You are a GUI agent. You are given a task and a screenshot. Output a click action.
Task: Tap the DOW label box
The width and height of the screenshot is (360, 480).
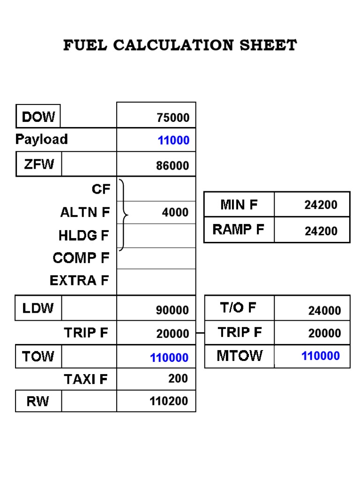tap(38, 116)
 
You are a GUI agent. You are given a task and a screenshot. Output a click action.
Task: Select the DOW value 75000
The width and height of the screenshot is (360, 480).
tap(173, 117)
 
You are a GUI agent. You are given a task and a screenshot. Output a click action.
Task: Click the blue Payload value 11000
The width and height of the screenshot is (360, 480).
tap(173, 141)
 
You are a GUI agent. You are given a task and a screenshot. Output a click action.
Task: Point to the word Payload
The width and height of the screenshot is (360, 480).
tap(41, 139)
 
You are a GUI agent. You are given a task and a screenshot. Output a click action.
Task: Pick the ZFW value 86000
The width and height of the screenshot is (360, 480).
tap(173, 165)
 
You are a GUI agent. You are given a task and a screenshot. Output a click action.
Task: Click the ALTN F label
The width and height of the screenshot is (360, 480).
tap(85, 212)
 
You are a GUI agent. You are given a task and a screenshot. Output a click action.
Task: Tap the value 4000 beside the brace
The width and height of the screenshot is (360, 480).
tap(175, 212)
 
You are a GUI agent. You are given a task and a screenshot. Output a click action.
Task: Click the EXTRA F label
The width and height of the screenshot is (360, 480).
tap(79, 280)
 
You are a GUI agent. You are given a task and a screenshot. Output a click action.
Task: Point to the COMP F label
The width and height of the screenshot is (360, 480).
tap(81, 258)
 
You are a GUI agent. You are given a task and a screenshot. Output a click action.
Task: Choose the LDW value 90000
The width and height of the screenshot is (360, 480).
tap(172, 310)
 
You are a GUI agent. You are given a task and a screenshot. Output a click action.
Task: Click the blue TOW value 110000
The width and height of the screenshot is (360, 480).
tap(169, 358)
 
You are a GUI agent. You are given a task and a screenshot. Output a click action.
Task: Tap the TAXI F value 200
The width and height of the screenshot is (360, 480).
tap(178, 378)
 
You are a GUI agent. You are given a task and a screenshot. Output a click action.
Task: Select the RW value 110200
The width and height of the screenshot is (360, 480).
tap(169, 401)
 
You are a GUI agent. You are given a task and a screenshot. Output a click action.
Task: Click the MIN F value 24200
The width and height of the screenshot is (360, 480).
tap(321, 205)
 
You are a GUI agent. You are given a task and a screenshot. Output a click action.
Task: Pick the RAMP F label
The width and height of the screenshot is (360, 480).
tap(238, 229)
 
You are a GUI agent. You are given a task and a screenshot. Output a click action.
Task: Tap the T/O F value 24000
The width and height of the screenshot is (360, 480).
tap(324, 310)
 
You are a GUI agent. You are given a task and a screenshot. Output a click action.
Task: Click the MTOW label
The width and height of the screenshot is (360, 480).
tap(240, 356)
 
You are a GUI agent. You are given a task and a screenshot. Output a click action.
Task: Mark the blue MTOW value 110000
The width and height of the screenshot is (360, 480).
tap(321, 356)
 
